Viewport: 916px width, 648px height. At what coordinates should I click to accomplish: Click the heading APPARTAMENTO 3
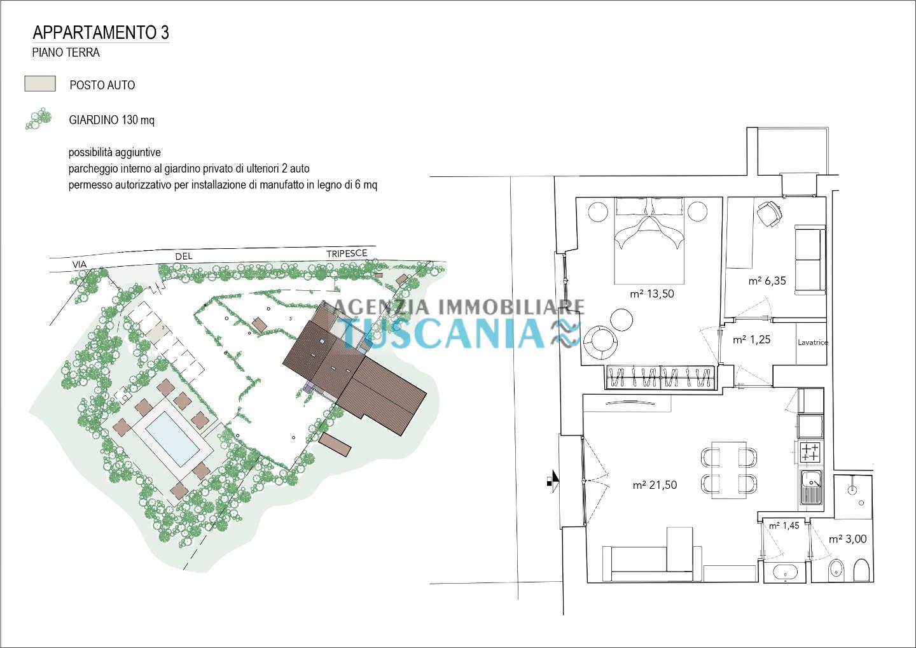coord(101,32)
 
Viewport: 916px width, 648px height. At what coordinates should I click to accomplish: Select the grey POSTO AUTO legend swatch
coord(40,84)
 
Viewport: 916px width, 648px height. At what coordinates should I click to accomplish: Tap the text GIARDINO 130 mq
coord(112,120)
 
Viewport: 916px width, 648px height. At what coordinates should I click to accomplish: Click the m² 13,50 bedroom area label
coord(652,293)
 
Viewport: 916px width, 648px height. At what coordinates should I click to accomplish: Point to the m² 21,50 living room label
coord(655,485)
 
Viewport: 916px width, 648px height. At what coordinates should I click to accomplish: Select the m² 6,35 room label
coord(767,281)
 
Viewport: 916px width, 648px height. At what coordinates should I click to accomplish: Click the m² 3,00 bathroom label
coord(848,539)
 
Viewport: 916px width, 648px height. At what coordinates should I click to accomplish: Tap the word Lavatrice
coord(812,342)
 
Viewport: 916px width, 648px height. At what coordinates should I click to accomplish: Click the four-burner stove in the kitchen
coord(810,452)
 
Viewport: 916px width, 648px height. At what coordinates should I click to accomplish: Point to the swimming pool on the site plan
coord(172,439)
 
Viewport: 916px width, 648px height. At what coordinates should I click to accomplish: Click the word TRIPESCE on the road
coord(347,253)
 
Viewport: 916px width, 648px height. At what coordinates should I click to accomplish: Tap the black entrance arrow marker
coord(553,481)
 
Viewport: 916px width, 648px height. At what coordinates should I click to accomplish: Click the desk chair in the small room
coord(770,213)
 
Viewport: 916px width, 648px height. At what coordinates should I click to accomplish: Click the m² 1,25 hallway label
coord(752,339)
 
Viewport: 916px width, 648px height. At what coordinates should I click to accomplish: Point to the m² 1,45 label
coord(784,526)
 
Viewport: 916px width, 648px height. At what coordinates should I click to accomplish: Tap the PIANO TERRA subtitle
coord(66,52)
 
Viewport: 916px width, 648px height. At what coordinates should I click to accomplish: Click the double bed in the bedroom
coord(649,241)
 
